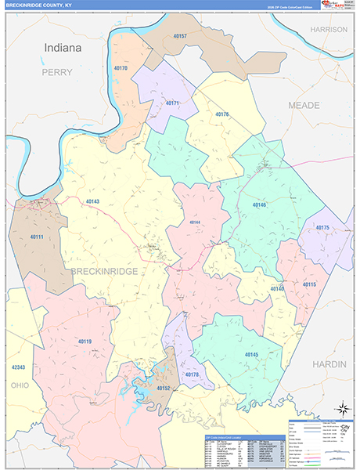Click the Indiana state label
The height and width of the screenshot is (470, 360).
63,48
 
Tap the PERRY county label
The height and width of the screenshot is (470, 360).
56,72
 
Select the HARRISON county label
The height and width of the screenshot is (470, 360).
328,29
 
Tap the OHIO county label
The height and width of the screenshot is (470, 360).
19,385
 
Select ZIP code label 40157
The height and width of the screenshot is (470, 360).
180,37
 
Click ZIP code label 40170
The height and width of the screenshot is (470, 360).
121,69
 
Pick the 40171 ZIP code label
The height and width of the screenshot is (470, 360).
172,103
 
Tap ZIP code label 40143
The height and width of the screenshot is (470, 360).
92,202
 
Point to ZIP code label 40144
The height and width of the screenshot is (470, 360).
195,222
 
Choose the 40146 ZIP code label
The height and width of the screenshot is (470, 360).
259,204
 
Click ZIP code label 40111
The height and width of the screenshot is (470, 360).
36,237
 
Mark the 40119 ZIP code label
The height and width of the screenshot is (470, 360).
85,341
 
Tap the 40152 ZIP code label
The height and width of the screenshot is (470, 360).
163,388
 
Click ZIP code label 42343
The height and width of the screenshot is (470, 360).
19,367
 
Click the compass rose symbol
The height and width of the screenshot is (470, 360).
342,408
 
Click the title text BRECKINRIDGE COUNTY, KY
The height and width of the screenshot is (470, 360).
37,5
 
